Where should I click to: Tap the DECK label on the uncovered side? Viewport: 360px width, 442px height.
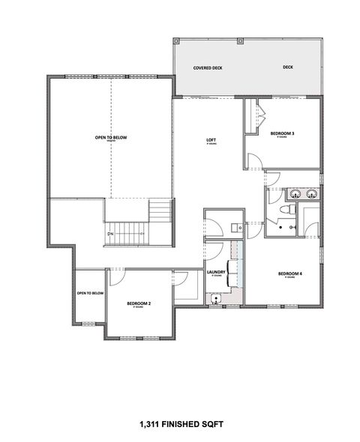[x=288, y=67]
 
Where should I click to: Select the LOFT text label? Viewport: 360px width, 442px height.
[x=212, y=140]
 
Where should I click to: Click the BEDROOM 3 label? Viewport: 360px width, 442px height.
[x=282, y=134]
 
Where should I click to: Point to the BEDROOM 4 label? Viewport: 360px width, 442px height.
[x=289, y=273]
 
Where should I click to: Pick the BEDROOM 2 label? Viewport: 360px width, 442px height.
[x=139, y=303]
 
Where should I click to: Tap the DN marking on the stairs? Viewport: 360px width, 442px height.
[x=110, y=234]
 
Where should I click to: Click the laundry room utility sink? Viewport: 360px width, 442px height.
[x=217, y=298]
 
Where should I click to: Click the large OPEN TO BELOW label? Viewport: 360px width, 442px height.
[x=110, y=138]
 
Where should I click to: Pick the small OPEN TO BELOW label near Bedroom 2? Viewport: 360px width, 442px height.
[x=90, y=293]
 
